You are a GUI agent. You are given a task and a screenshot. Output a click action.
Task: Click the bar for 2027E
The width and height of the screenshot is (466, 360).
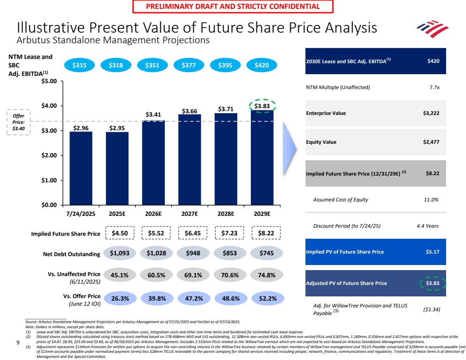(x=189, y=159)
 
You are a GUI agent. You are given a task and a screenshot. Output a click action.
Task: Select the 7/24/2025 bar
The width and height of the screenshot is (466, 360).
(x=81, y=168)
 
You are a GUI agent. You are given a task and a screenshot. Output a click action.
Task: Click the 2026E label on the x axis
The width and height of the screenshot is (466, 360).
(x=153, y=213)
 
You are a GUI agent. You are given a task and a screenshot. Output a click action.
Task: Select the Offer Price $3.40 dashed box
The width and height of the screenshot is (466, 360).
(x=18, y=123)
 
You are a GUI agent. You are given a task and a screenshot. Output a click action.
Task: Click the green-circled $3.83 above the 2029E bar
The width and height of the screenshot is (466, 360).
(x=262, y=106)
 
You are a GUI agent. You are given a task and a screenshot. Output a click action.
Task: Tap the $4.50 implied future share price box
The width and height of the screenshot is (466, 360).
(x=119, y=233)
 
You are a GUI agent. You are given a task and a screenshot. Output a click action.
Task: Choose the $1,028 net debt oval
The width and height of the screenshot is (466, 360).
(x=156, y=253)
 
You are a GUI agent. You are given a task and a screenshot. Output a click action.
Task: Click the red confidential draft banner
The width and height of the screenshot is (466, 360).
(x=233, y=6)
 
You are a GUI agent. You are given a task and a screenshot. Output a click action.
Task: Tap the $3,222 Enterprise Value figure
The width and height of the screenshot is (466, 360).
(x=431, y=113)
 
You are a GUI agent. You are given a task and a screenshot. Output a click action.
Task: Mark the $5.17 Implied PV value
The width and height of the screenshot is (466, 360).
(x=432, y=251)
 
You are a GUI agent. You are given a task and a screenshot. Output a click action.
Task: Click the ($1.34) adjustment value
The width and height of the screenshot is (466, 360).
(x=432, y=310)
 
